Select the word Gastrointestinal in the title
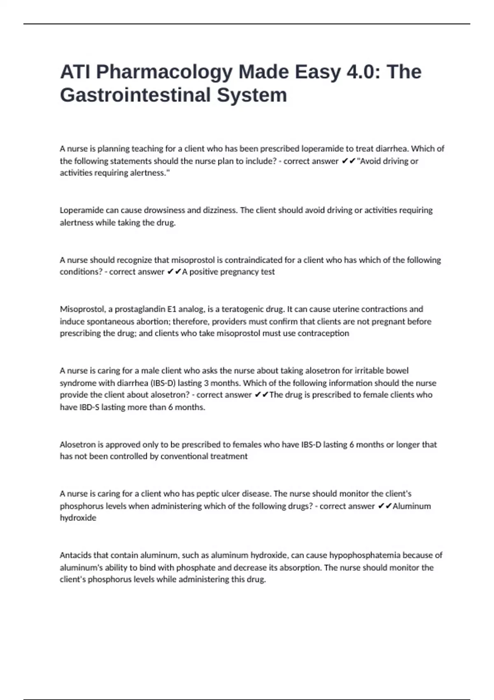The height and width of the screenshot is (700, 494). point(135,95)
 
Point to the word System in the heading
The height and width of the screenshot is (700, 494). point(252,95)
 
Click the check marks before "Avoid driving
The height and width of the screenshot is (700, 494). point(349,161)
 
